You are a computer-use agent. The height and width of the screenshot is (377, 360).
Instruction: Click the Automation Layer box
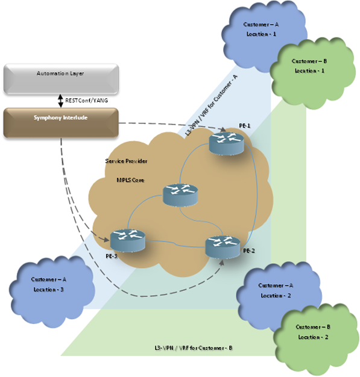coord(61,79)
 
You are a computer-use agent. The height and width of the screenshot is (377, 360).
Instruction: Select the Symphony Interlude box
coord(61,123)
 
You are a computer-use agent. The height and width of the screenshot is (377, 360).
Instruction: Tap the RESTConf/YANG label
coord(86,101)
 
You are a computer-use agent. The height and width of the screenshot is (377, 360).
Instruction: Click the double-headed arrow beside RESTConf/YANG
coord(61,101)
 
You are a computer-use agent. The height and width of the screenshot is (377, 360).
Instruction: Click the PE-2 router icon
coord(223,247)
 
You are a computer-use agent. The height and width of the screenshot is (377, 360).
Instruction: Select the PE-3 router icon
coord(128,240)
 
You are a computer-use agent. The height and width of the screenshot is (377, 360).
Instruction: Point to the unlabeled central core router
coord(180,195)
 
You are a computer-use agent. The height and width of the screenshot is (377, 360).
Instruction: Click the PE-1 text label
coord(245,126)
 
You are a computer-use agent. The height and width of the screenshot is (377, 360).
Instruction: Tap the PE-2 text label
coord(249,251)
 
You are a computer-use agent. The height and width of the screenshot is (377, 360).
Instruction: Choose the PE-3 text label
coord(112,257)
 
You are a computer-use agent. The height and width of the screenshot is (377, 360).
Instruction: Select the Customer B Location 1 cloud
coord(312,73)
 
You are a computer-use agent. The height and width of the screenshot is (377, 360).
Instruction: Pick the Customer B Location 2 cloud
coord(316,339)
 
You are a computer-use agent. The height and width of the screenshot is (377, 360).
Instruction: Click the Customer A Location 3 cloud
coord(52,291)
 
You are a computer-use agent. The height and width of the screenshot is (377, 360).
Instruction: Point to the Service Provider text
coord(126,161)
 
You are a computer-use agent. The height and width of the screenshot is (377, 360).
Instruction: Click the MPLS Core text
coord(130,180)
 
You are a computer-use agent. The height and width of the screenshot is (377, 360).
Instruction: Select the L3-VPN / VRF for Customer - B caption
coord(194,348)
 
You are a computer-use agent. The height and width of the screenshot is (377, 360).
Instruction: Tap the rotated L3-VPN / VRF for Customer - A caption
coord(211,105)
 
